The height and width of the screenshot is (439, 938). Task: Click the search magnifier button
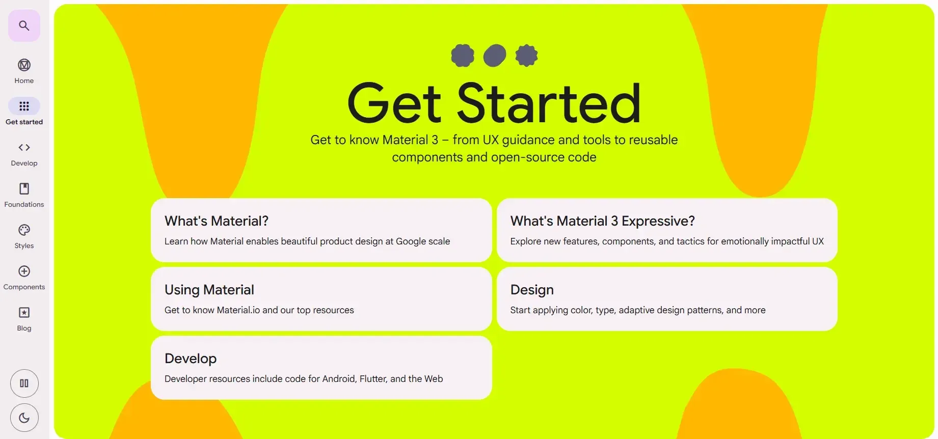(24, 25)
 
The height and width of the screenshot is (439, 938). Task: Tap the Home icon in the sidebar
(24, 65)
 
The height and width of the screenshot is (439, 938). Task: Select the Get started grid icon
(24, 106)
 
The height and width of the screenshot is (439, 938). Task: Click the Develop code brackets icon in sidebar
(24, 147)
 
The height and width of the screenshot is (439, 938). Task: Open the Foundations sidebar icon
(24, 188)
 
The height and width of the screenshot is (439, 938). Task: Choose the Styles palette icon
(24, 230)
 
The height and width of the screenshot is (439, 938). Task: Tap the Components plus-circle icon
(24, 271)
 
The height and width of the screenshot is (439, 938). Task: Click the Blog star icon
(24, 312)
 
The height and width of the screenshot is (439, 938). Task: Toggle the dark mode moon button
(24, 418)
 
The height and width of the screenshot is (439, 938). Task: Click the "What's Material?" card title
(216, 221)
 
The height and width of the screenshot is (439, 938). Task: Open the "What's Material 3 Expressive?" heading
(602, 221)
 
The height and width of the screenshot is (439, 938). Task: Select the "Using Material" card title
(209, 290)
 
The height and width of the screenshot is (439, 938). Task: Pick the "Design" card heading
(531, 290)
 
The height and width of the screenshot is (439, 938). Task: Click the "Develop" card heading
(190, 359)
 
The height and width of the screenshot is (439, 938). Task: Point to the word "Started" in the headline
(548, 103)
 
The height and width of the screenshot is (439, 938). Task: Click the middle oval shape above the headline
(494, 56)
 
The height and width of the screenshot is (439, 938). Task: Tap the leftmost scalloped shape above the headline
(463, 56)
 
